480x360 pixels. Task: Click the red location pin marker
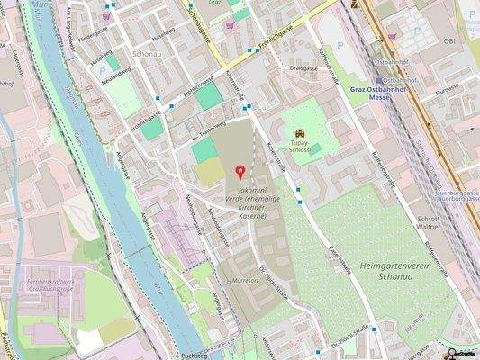240,172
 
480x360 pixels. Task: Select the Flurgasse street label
448,89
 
